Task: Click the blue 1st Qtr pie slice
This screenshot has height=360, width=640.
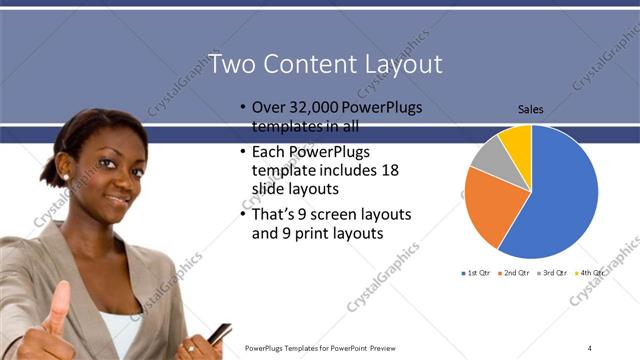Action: pos(560,195)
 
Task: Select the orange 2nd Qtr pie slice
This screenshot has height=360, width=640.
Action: pos(489,205)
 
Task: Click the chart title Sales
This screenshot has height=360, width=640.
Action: pos(530,109)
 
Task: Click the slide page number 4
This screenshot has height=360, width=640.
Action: pos(590,347)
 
